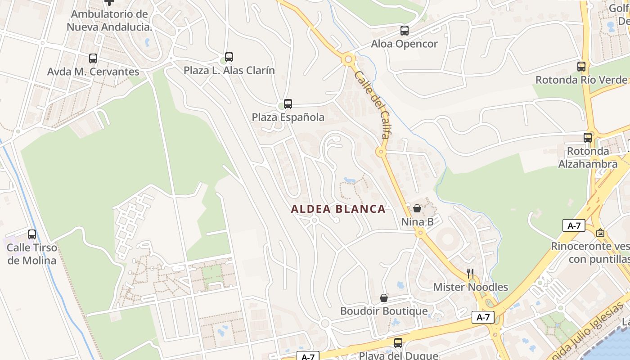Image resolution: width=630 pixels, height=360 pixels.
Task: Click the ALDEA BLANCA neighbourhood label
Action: pyautogui.click(x=338, y=209)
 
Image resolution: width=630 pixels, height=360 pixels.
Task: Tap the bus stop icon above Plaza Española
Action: pyautogui.click(x=288, y=104)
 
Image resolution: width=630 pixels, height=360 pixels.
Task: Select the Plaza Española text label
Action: pyautogui.click(x=288, y=117)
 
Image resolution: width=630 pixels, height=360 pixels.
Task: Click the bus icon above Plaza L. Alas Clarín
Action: pyautogui.click(x=229, y=57)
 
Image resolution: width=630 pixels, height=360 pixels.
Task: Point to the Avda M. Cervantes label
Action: pyautogui.click(x=93, y=72)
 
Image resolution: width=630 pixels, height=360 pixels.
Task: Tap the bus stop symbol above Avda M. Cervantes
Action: pyautogui.click(x=93, y=58)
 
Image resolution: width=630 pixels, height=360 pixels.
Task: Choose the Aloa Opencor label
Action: pyautogui.click(x=404, y=44)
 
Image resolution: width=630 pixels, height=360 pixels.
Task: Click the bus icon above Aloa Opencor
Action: pyautogui.click(x=405, y=31)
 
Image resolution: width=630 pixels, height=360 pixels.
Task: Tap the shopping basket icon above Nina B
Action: pyautogui.click(x=417, y=208)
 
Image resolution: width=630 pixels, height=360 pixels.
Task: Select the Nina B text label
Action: pyautogui.click(x=417, y=222)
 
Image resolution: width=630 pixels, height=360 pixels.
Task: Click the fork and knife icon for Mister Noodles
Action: pyautogui.click(x=470, y=274)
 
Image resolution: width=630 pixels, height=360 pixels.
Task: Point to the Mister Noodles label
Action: pyautogui.click(x=470, y=287)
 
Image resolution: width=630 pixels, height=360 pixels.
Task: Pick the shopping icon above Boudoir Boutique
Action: pyautogui.click(x=384, y=298)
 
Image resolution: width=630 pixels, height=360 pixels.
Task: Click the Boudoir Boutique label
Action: pyautogui.click(x=384, y=311)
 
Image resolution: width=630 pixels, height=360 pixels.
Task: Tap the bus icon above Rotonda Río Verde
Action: pyautogui.click(x=581, y=67)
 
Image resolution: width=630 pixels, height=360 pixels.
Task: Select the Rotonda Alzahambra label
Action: pyautogui.click(x=588, y=157)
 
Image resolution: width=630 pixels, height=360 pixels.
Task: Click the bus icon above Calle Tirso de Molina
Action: pyautogui.click(x=32, y=234)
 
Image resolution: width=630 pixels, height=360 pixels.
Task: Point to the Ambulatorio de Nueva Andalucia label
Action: pyautogui.click(x=109, y=20)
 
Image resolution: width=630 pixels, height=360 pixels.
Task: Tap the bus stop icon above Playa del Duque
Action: pyautogui.click(x=398, y=343)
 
